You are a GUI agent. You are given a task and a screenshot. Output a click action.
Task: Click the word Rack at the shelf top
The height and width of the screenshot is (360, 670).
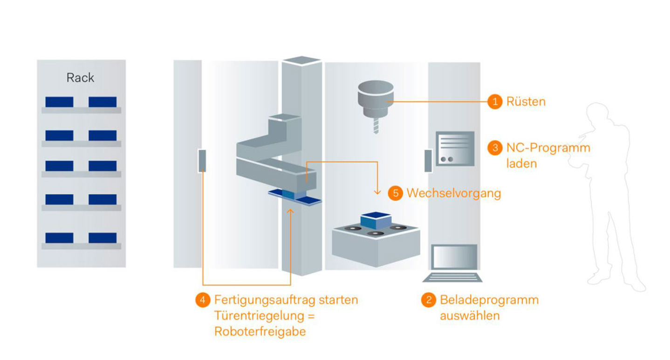80,78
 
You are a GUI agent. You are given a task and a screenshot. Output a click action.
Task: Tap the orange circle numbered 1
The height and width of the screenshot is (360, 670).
495,102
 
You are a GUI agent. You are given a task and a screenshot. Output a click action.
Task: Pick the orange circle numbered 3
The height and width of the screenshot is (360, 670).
495,148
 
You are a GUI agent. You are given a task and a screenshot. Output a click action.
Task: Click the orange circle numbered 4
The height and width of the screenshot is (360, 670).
203,300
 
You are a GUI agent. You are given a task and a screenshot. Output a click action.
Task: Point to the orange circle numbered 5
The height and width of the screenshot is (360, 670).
395,193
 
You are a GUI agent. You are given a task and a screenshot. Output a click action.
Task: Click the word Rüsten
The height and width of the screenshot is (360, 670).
526,102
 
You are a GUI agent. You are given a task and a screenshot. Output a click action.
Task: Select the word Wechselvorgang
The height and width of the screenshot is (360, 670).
453,193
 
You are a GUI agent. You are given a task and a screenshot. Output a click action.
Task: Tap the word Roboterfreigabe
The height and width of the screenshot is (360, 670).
260,331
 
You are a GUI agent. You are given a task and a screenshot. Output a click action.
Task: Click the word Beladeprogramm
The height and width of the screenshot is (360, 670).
489,300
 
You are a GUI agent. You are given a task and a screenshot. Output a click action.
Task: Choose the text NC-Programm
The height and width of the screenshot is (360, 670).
548,148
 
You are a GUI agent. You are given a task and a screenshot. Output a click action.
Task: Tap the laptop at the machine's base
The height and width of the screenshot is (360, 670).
452,263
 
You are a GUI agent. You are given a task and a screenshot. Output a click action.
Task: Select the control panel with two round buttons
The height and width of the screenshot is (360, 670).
455,149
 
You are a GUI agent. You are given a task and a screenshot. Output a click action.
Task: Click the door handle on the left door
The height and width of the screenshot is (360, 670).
202,161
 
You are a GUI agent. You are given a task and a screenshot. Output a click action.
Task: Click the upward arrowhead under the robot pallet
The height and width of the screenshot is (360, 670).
291,212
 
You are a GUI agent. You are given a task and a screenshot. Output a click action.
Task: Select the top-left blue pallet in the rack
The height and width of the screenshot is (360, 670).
59,102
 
